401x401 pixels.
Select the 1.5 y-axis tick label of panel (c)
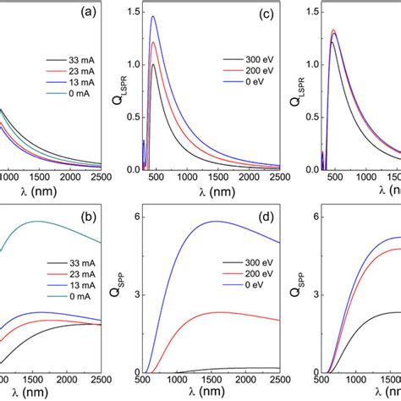click(x=135, y=12)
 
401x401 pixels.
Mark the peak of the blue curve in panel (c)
click(x=153, y=16)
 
